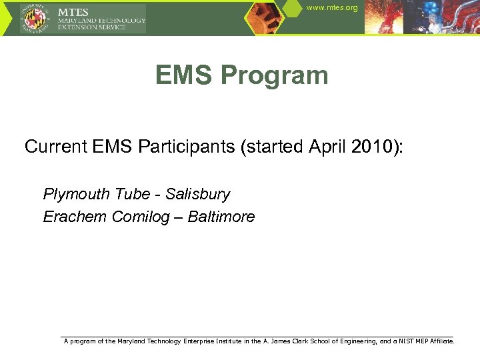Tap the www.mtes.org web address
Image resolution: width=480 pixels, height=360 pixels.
(332, 7)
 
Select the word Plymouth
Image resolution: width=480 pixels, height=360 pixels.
(77, 195)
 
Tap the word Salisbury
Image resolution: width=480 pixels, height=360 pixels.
(197, 195)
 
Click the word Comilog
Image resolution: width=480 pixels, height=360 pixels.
(141, 217)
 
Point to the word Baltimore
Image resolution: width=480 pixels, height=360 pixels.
(221, 217)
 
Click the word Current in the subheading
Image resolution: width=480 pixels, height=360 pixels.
(55, 147)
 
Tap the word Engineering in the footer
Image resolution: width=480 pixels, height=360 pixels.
(353, 341)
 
